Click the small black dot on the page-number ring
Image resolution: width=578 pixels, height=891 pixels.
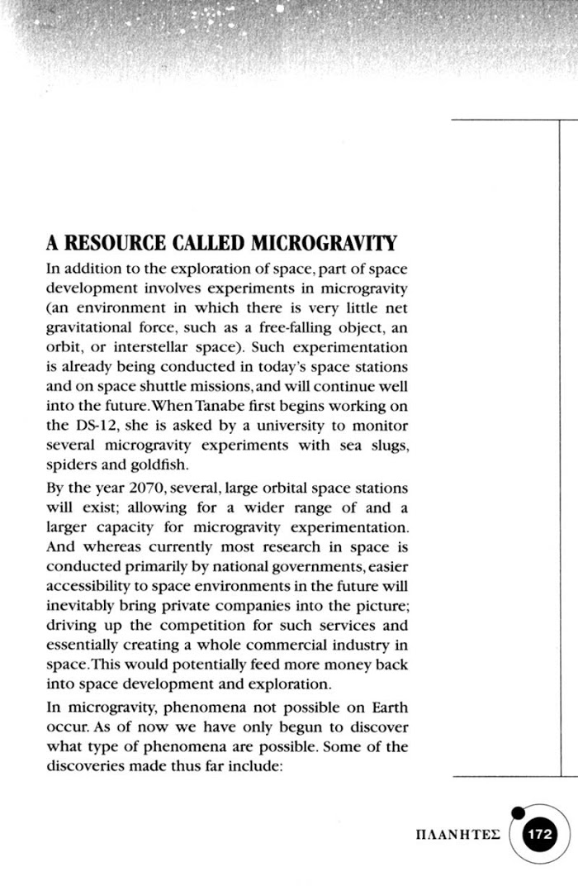click(518, 812)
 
